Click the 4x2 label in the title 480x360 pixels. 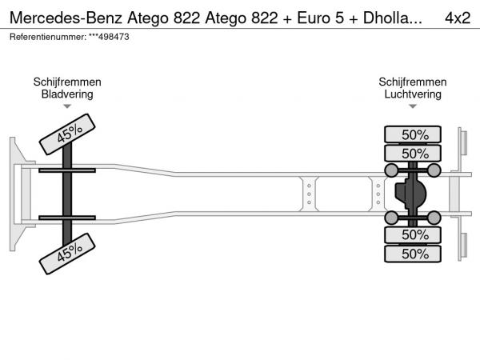pyautogui.click(x=458, y=18)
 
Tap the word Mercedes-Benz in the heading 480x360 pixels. pyautogui.click(x=66, y=18)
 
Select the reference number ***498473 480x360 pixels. pyautogui.click(x=109, y=37)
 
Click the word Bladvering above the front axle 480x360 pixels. pyautogui.click(x=67, y=94)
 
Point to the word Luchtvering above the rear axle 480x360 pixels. pyautogui.click(x=413, y=94)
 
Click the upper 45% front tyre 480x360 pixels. pyautogui.click(x=67, y=134)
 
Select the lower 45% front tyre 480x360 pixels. pyautogui.click(x=67, y=254)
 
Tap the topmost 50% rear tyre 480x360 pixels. pyautogui.click(x=413, y=134)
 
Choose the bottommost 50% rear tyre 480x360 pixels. pyautogui.click(x=413, y=254)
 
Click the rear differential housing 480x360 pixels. pyautogui.click(x=410, y=194)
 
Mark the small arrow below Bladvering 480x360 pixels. pyautogui.click(x=67, y=106)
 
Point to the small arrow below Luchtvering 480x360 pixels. pyautogui.click(x=413, y=106)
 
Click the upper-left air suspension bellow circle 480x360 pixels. pyautogui.click(x=391, y=170)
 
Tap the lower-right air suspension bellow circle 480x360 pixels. pyautogui.click(x=434, y=218)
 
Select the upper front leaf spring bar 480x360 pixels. pyautogui.click(x=67, y=170)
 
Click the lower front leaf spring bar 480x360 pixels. pyautogui.click(x=67, y=218)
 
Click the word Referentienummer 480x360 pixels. pyautogui.click(x=48, y=37)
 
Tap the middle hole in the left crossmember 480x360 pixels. pyautogui.click(x=309, y=194)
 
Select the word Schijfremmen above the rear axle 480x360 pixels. pyautogui.click(x=413, y=82)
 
